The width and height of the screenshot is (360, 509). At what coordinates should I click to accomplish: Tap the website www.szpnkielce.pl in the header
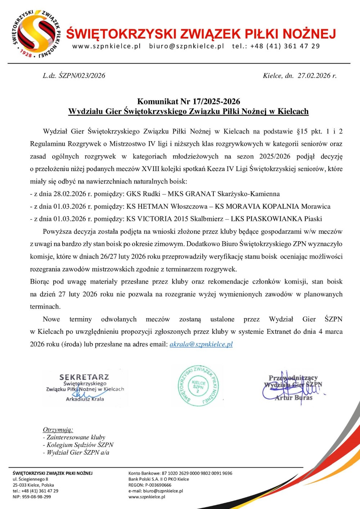pos(107,46)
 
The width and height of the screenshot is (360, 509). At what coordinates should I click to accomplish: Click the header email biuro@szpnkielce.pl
pos(186,46)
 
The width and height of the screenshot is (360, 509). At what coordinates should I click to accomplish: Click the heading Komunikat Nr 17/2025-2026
pos(189,102)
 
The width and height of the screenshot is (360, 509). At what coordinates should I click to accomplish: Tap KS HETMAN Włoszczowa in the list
pos(167,207)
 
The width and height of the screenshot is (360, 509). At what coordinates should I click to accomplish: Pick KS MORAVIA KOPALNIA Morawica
pos(273,207)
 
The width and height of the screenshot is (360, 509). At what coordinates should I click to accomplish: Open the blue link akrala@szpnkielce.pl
pos(201,344)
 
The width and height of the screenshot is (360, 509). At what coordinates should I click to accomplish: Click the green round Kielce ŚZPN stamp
pos(198,386)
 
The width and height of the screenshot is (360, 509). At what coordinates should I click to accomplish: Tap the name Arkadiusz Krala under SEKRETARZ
pos(85,399)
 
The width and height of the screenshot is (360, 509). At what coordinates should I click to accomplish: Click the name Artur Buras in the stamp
pos(293,398)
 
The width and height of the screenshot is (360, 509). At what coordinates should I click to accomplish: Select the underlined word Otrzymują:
pos(58,429)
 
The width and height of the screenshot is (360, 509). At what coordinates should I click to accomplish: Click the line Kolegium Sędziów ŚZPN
pos(80,445)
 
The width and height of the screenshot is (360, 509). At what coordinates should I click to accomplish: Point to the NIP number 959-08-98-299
pos(36,497)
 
